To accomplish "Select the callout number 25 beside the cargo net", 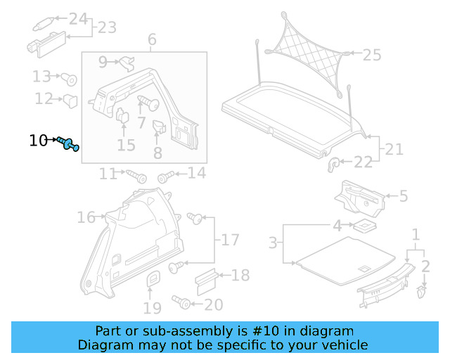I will (x=371, y=54).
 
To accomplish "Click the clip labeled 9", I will (x=127, y=63).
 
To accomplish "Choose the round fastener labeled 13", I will (x=70, y=78).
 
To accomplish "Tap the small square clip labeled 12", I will (x=70, y=101).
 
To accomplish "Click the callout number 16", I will (x=86, y=218).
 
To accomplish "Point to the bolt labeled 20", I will (x=181, y=303).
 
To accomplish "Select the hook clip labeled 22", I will (x=334, y=164).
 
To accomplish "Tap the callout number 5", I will (x=403, y=196).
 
